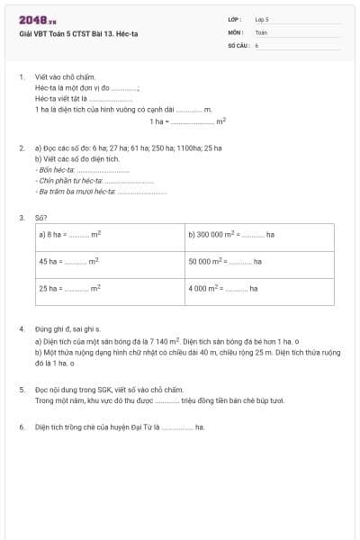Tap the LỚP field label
pos(235,19)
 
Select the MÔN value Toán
pos(261,31)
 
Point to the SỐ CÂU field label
pos(238,44)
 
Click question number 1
pos(21,77)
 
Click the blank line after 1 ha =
pos(193,121)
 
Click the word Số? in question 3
pos(40,216)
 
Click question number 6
pos(21,427)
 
